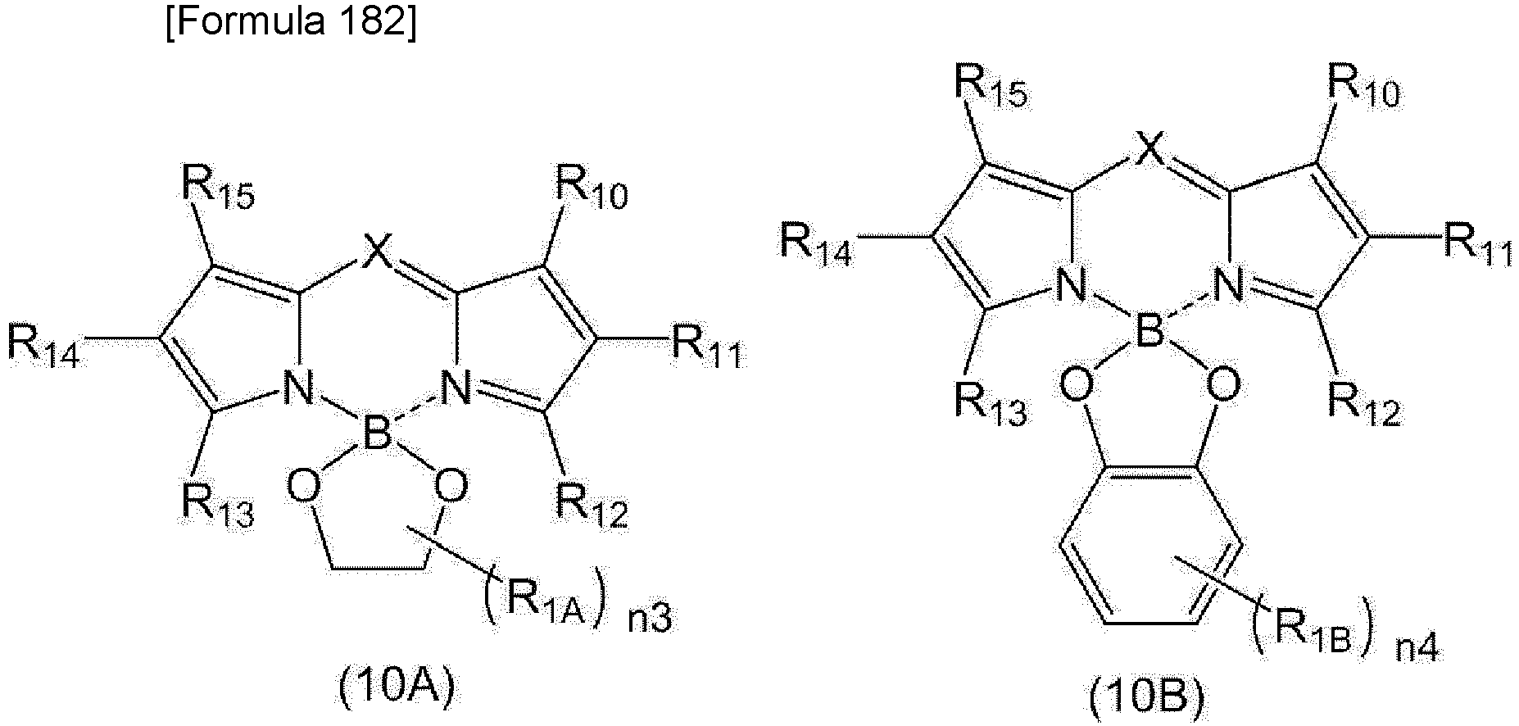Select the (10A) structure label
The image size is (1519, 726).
point(397,687)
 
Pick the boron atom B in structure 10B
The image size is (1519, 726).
point(1148,334)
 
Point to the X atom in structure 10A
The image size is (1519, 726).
point(377,251)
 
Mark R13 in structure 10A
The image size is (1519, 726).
point(218,504)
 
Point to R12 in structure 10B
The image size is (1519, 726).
point(1364,403)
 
